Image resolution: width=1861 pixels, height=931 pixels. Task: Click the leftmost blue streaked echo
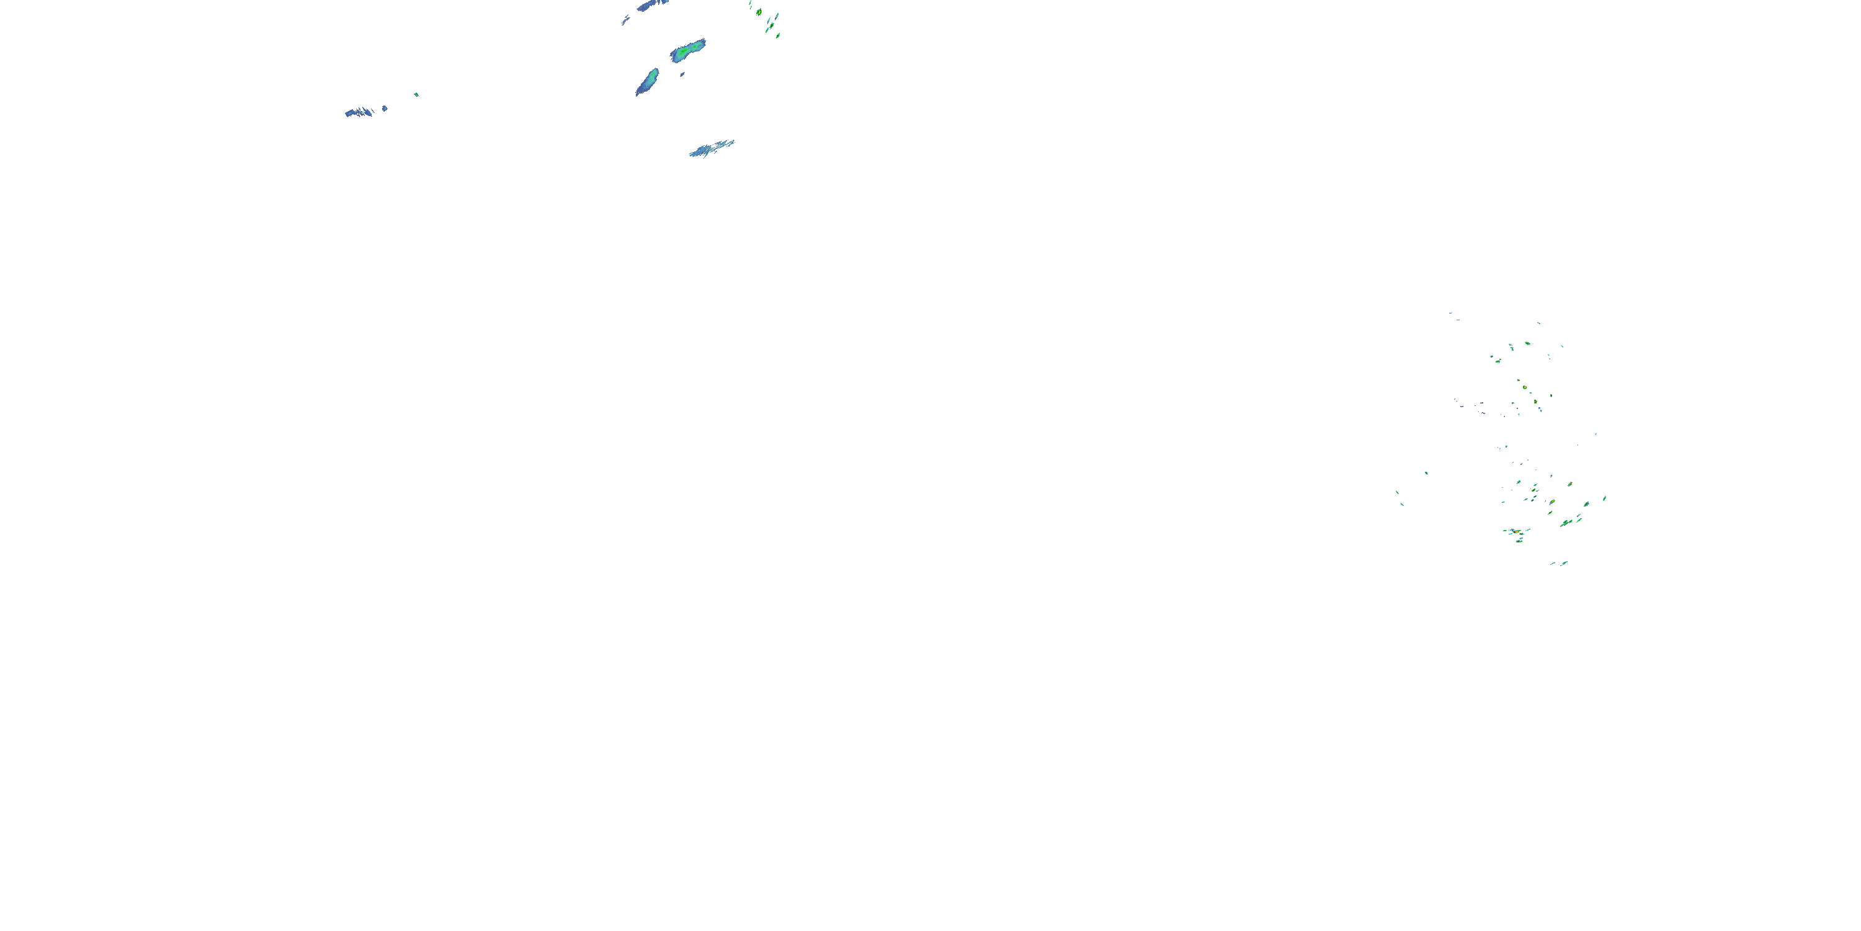point(360,112)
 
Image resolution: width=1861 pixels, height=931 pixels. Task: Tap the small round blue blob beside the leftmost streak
point(385,109)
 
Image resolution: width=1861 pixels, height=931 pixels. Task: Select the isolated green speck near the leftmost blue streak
point(417,94)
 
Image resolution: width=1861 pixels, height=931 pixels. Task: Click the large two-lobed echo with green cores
point(688,51)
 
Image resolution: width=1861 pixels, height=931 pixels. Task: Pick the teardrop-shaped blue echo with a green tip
point(647,82)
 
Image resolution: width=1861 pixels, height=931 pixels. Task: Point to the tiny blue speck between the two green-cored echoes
point(682,74)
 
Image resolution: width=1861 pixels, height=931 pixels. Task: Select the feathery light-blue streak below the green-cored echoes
point(712,148)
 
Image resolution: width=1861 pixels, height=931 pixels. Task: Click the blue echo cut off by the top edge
point(651,5)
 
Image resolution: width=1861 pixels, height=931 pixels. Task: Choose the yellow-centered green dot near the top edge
point(759,12)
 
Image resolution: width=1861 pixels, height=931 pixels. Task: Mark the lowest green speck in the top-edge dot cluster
point(778,35)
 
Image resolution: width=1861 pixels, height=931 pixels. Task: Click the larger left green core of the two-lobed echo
point(681,53)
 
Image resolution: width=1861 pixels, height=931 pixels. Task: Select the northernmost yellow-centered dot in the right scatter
point(1525,387)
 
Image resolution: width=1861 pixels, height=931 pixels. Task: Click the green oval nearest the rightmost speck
point(1586,504)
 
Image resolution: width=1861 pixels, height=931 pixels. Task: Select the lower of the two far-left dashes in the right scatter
point(1402,504)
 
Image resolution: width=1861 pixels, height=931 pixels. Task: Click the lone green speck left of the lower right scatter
point(1426,473)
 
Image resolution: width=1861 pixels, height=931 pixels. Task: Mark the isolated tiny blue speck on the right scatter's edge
point(1596,434)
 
